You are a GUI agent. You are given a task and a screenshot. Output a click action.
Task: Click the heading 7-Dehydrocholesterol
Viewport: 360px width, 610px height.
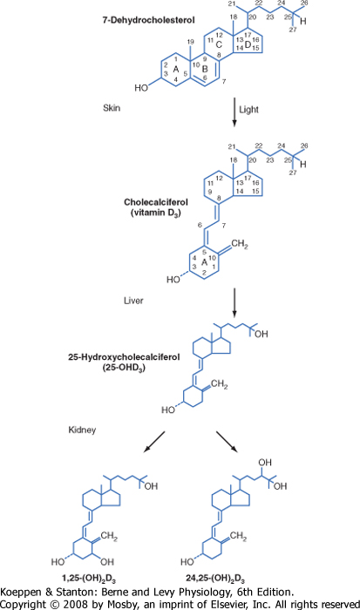tap(148, 20)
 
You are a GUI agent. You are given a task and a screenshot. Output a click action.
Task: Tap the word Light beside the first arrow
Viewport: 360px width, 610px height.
tap(248, 110)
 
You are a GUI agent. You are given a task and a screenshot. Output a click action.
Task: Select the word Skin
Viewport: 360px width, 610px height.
tap(112, 108)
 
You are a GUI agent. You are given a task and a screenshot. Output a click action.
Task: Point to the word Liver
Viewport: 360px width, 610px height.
tap(133, 301)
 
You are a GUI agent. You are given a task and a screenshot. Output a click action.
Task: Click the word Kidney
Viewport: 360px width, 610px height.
tap(82, 430)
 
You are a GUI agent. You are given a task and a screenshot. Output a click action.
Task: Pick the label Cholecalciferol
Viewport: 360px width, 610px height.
tap(156, 202)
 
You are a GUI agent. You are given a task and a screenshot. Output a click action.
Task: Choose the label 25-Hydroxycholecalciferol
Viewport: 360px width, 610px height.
tap(124, 356)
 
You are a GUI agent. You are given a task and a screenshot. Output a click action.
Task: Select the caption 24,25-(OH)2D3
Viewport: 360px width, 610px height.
tap(215, 579)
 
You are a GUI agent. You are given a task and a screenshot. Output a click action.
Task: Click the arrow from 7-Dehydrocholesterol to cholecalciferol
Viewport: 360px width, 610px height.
tap(234, 112)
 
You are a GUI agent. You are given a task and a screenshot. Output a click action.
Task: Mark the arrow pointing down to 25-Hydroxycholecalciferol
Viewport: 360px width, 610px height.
tap(234, 302)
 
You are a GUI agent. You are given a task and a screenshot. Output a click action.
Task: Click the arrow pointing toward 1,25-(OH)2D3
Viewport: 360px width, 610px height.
tap(154, 442)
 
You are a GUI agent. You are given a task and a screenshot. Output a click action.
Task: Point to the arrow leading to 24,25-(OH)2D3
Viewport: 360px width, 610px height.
tap(227, 442)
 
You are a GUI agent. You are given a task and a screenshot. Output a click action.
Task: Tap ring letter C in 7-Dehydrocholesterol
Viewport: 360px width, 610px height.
tap(219, 44)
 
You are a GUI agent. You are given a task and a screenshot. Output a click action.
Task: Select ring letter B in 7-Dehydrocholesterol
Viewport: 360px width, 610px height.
tap(205, 69)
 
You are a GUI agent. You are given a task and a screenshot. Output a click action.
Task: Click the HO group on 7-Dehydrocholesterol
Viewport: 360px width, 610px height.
tap(141, 88)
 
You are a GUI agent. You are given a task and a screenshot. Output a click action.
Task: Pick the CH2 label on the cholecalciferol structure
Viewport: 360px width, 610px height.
tap(240, 245)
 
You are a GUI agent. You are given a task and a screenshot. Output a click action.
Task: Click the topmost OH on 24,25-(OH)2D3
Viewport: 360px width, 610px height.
tap(265, 462)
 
